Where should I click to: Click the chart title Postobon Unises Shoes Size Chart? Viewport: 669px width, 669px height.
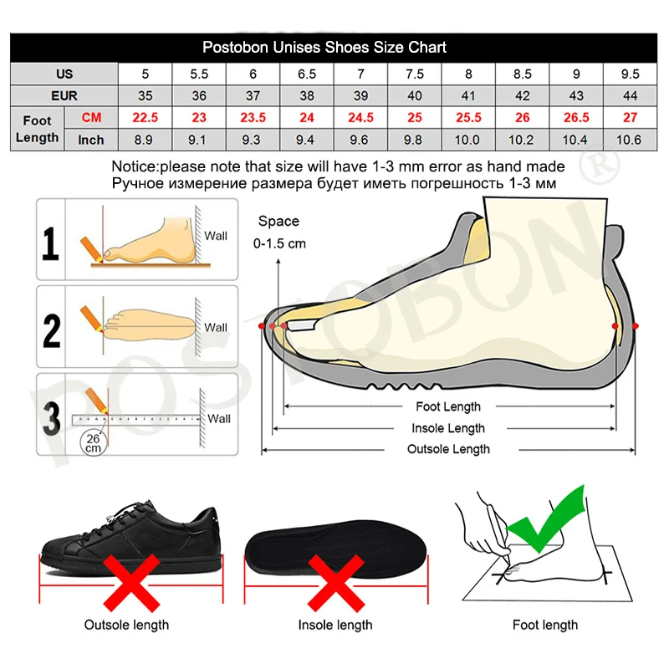(324, 47)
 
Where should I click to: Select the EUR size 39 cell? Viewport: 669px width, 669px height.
(360, 95)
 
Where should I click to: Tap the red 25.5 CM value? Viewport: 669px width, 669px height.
(468, 117)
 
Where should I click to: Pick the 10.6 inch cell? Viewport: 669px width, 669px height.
(629, 140)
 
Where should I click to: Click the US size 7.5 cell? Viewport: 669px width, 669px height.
(414, 74)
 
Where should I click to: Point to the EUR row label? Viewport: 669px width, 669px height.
(64, 95)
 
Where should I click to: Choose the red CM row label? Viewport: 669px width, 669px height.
(91, 117)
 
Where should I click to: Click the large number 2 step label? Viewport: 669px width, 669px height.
(52, 330)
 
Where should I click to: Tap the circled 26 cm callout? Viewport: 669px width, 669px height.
(93, 443)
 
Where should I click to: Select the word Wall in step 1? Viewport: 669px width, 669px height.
(216, 236)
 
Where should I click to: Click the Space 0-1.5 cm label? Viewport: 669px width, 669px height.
(279, 232)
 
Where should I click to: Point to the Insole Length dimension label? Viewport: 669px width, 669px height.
(448, 428)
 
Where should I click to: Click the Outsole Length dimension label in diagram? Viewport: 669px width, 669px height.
(448, 449)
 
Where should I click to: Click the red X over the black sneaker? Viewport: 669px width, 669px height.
(131, 583)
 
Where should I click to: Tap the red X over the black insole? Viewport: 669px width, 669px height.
(336, 583)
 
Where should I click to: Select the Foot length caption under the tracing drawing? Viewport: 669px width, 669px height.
(545, 625)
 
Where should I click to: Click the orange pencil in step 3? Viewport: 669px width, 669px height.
(97, 401)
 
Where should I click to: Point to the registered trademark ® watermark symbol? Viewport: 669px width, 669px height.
(599, 165)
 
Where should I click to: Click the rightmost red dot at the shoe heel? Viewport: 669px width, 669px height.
(636, 326)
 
